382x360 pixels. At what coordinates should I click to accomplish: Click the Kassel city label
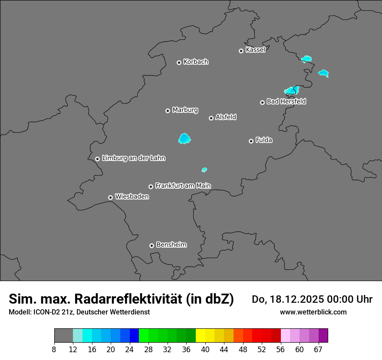[255, 50]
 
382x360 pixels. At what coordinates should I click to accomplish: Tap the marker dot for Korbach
[179, 62]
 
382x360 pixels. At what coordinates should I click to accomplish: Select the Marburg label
[185, 110]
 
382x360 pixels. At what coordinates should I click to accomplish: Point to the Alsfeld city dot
[211, 118]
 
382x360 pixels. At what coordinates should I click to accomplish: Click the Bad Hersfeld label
[286, 101]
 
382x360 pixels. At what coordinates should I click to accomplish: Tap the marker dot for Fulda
[251, 141]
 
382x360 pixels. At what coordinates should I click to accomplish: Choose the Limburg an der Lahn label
[133, 158]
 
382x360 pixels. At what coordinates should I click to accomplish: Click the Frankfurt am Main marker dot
[151, 187]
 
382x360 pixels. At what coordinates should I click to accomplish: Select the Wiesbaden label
[132, 197]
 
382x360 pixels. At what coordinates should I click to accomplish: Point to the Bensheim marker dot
[151, 245]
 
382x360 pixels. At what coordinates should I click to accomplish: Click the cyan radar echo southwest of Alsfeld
[184, 139]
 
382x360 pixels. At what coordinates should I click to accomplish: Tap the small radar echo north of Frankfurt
[204, 170]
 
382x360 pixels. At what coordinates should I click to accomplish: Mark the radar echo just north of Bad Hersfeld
[291, 90]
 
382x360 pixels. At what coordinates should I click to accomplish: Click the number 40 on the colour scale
[205, 350]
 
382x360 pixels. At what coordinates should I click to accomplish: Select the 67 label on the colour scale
[318, 350]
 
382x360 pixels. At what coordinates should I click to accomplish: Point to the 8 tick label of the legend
[54, 350]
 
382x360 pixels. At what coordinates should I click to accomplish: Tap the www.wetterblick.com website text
[313, 312]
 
